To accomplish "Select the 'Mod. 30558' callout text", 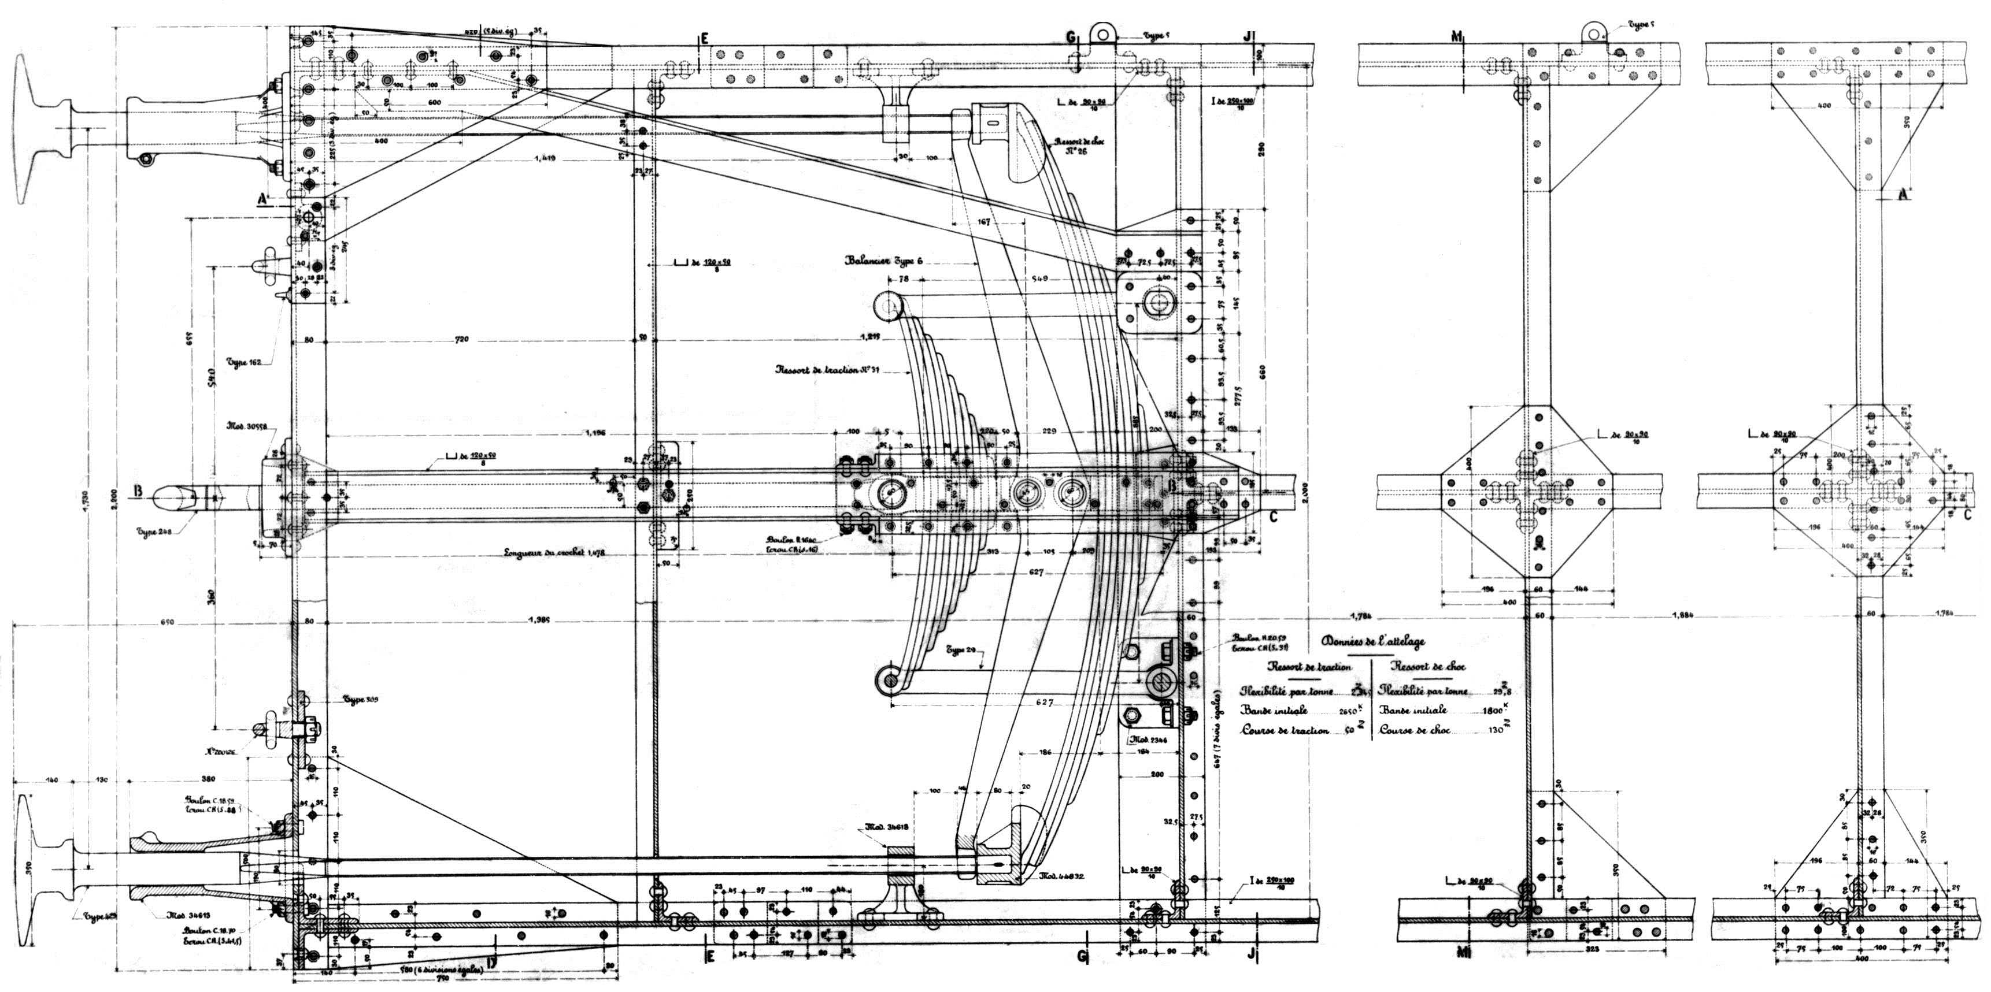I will [x=246, y=426].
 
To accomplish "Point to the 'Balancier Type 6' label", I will [x=883, y=261].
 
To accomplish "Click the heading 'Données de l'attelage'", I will [x=1372, y=641].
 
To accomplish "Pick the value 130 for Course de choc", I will [x=1493, y=729].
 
